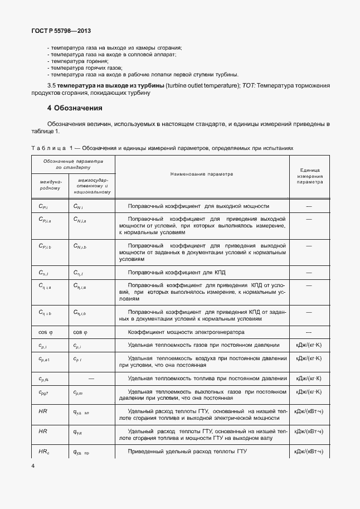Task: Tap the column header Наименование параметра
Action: [202, 173]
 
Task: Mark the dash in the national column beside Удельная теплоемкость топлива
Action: [91, 379]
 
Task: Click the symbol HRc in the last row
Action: [45, 451]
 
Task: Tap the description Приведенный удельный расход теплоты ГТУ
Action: [187, 451]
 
